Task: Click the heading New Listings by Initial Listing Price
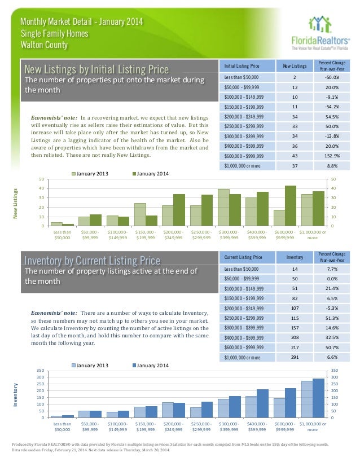pyautogui.click(x=96, y=69)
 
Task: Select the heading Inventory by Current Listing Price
pyautogui.click(x=92, y=260)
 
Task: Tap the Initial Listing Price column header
pyautogui.click(x=242, y=65)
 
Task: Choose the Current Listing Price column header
pyautogui.click(x=243, y=257)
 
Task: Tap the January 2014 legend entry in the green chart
pyautogui.click(x=150, y=174)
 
